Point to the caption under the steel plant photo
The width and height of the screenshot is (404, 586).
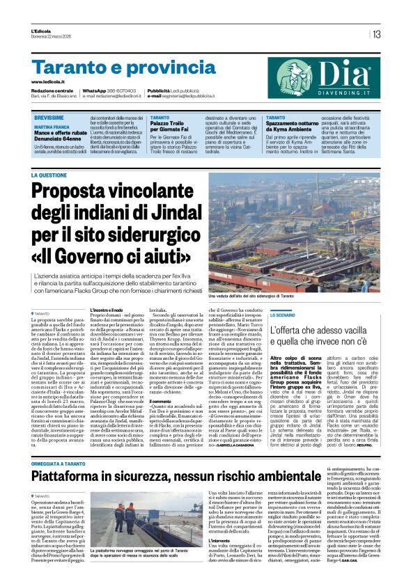click(259, 296)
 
